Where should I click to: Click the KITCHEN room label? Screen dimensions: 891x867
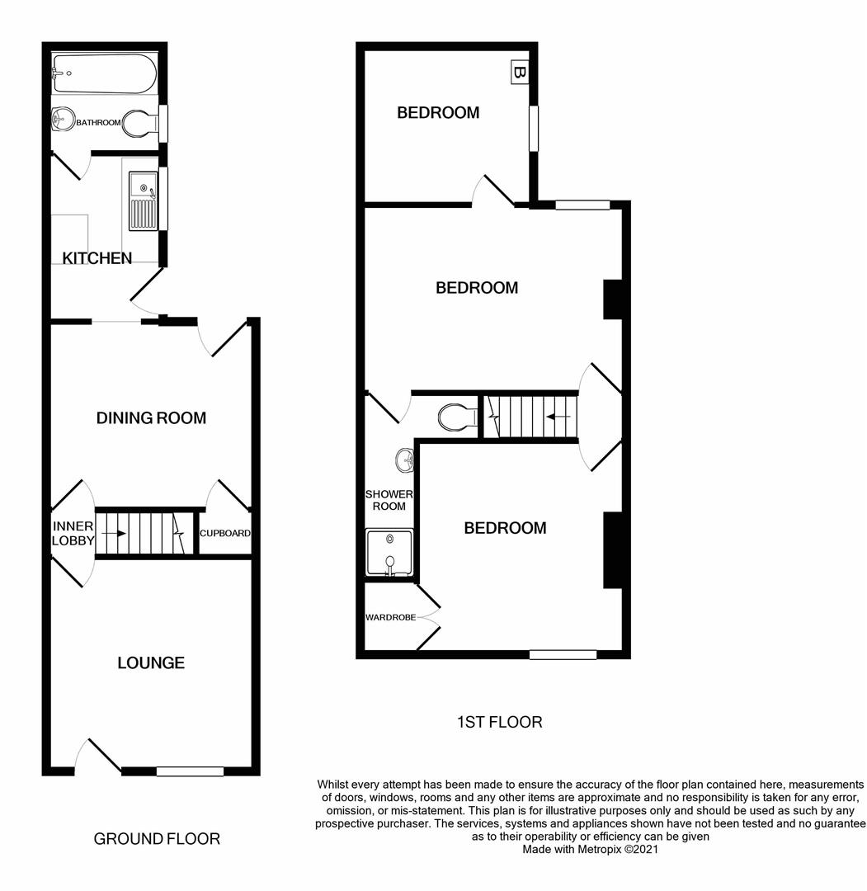click(97, 258)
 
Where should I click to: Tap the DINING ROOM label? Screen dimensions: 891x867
click(151, 417)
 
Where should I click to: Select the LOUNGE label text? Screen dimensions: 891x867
click(151, 662)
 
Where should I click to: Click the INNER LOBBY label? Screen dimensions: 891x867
click(73, 534)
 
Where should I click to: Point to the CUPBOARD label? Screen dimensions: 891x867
click(225, 534)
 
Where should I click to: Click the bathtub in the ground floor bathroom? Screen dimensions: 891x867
click(104, 73)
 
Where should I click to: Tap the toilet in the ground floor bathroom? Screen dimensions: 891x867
click(140, 124)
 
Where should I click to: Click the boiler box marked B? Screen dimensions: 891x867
click(519, 73)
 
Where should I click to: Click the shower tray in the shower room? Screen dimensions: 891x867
click(389, 552)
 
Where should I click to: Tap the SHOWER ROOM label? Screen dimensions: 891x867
click(389, 500)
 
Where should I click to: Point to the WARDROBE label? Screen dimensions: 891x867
click(391, 617)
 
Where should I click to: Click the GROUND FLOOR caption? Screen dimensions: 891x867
click(157, 839)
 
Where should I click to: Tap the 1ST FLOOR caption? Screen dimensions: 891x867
click(499, 722)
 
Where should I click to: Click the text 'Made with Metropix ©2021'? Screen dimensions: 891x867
click(590, 848)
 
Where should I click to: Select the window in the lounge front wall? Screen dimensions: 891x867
click(190, 771)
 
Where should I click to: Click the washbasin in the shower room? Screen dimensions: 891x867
click(404, 460)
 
